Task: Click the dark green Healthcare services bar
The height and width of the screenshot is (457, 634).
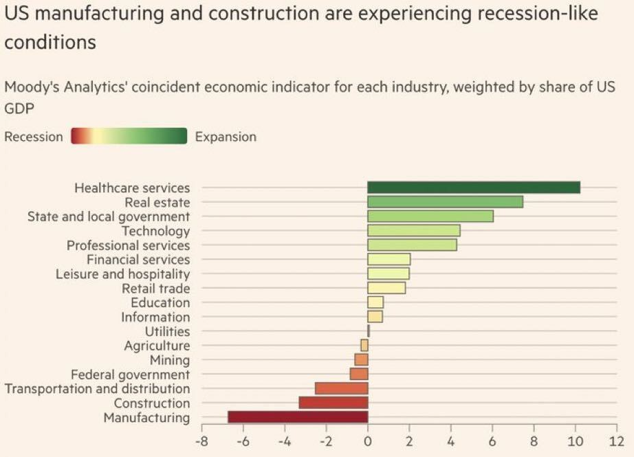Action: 474,188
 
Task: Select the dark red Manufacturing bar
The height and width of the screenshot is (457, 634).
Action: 298,417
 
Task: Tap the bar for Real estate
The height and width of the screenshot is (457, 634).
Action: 445,202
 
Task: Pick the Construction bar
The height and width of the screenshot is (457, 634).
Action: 334,403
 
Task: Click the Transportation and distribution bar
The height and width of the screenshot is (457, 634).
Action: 342,388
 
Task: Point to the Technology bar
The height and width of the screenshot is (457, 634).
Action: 413,231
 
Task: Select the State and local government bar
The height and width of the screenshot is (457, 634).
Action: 430,216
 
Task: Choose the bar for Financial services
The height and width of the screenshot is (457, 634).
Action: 389,259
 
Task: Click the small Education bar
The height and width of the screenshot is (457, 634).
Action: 375,302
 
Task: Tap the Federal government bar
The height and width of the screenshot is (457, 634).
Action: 359,374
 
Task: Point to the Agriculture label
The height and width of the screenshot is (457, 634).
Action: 157,346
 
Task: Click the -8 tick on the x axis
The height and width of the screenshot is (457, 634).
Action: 201,440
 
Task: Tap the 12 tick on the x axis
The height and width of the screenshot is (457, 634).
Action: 616,440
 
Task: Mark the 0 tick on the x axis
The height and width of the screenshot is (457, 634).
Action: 368,440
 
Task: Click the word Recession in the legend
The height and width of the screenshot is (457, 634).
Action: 34,137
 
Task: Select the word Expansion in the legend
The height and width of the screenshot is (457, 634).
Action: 226,137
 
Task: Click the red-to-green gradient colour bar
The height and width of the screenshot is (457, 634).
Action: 129,136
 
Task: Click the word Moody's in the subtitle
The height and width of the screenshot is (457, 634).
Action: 29,88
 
